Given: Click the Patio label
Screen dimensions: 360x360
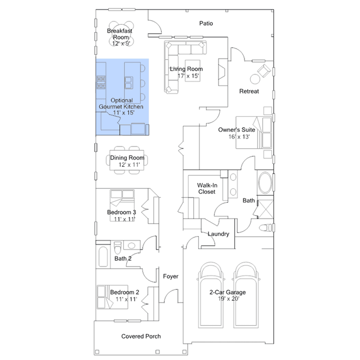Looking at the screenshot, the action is [x=206, y=23].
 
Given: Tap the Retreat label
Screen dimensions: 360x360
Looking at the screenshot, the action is [x=249, y=91].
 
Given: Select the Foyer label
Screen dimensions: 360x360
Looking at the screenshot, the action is [x=171, y=276].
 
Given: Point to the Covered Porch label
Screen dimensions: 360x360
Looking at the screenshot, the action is [x=141, y=336].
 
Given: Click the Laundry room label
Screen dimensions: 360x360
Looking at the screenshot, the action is [x=219, y=234].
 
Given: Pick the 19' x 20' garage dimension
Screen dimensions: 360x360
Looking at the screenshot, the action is [x=229, y=299].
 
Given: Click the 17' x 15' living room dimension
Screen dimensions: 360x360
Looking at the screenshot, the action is [x=188, y=75].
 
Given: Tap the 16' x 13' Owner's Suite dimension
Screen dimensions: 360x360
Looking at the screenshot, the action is [x=239, y=136].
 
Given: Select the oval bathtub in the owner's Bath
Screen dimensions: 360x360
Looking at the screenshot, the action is [x=265, y=183].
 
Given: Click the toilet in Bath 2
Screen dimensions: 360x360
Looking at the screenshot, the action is [x=118, y=247].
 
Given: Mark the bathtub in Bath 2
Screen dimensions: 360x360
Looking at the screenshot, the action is [x=103, y=256].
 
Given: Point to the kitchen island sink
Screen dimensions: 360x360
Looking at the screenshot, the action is [x=128, y=83].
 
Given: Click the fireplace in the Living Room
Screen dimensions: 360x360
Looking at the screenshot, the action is [x=223, y=72].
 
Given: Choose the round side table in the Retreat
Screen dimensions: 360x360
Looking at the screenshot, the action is [x=255, y=79].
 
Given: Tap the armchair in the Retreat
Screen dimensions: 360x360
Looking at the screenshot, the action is [x=264, y=70].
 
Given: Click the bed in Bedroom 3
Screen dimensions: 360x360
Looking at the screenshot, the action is [x=122, y=205].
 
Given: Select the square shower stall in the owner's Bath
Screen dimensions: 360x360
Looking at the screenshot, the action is [x=265, y=209].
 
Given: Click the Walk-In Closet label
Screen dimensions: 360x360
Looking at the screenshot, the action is [x=207, y=189].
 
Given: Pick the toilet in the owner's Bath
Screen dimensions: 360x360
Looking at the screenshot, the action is [x=266, y=228].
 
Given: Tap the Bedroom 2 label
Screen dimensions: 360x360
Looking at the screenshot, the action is [x=125, y=292].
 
